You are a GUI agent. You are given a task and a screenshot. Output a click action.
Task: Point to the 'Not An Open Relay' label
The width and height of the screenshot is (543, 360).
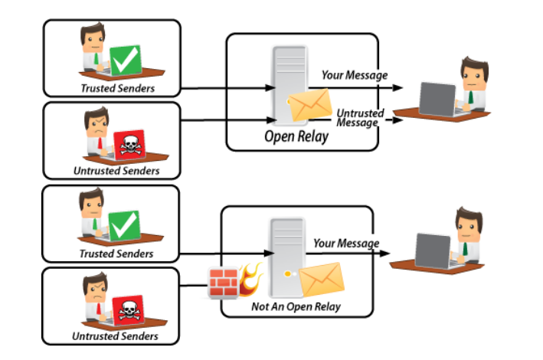click(x=296, y=307)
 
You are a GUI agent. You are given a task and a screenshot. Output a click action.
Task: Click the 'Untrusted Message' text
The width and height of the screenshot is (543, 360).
click(x=359, y=118)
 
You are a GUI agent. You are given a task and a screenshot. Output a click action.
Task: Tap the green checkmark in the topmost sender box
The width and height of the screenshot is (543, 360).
click(x=124, y=60)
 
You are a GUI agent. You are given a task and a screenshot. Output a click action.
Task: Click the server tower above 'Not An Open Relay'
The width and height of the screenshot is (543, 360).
click(x=283, y=257)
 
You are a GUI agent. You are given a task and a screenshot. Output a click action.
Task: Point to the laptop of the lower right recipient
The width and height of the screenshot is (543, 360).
click(x=433, y=250)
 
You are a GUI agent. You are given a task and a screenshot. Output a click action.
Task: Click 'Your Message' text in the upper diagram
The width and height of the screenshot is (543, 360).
click(x=355, y=75)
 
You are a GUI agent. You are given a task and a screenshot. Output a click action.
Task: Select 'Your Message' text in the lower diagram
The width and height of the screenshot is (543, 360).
click(x=346, y=244)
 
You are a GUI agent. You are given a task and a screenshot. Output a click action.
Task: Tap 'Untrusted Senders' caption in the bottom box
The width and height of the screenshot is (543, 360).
click(x=115, y=335)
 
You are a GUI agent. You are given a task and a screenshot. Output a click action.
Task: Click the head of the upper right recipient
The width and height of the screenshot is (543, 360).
click(x=470, y=74)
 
